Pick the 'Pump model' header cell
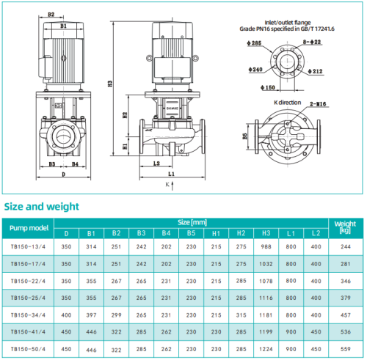coord(29,228)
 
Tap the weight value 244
coord(345,247)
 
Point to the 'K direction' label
coord(287,103)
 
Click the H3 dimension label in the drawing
coord(109,84)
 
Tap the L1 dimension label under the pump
coord(171,175)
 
